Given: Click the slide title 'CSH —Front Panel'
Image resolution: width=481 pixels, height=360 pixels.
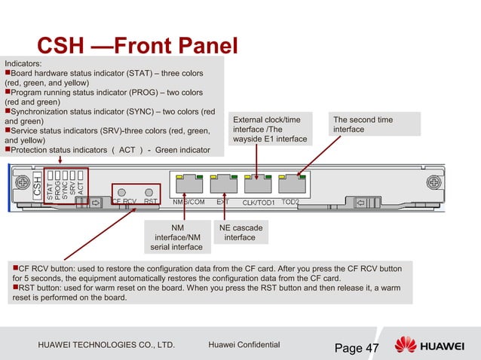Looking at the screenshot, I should (x=137, y=47).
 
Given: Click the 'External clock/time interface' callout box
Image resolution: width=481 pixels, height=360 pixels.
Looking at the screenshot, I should (x=271, y=130).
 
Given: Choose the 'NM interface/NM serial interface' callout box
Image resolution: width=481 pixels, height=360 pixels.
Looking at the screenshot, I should (x=176, y=236).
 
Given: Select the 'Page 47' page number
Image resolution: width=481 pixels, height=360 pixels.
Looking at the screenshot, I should (x=357, y=347).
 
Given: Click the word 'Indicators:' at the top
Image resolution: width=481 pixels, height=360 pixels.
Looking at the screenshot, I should (x=23, y=64).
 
